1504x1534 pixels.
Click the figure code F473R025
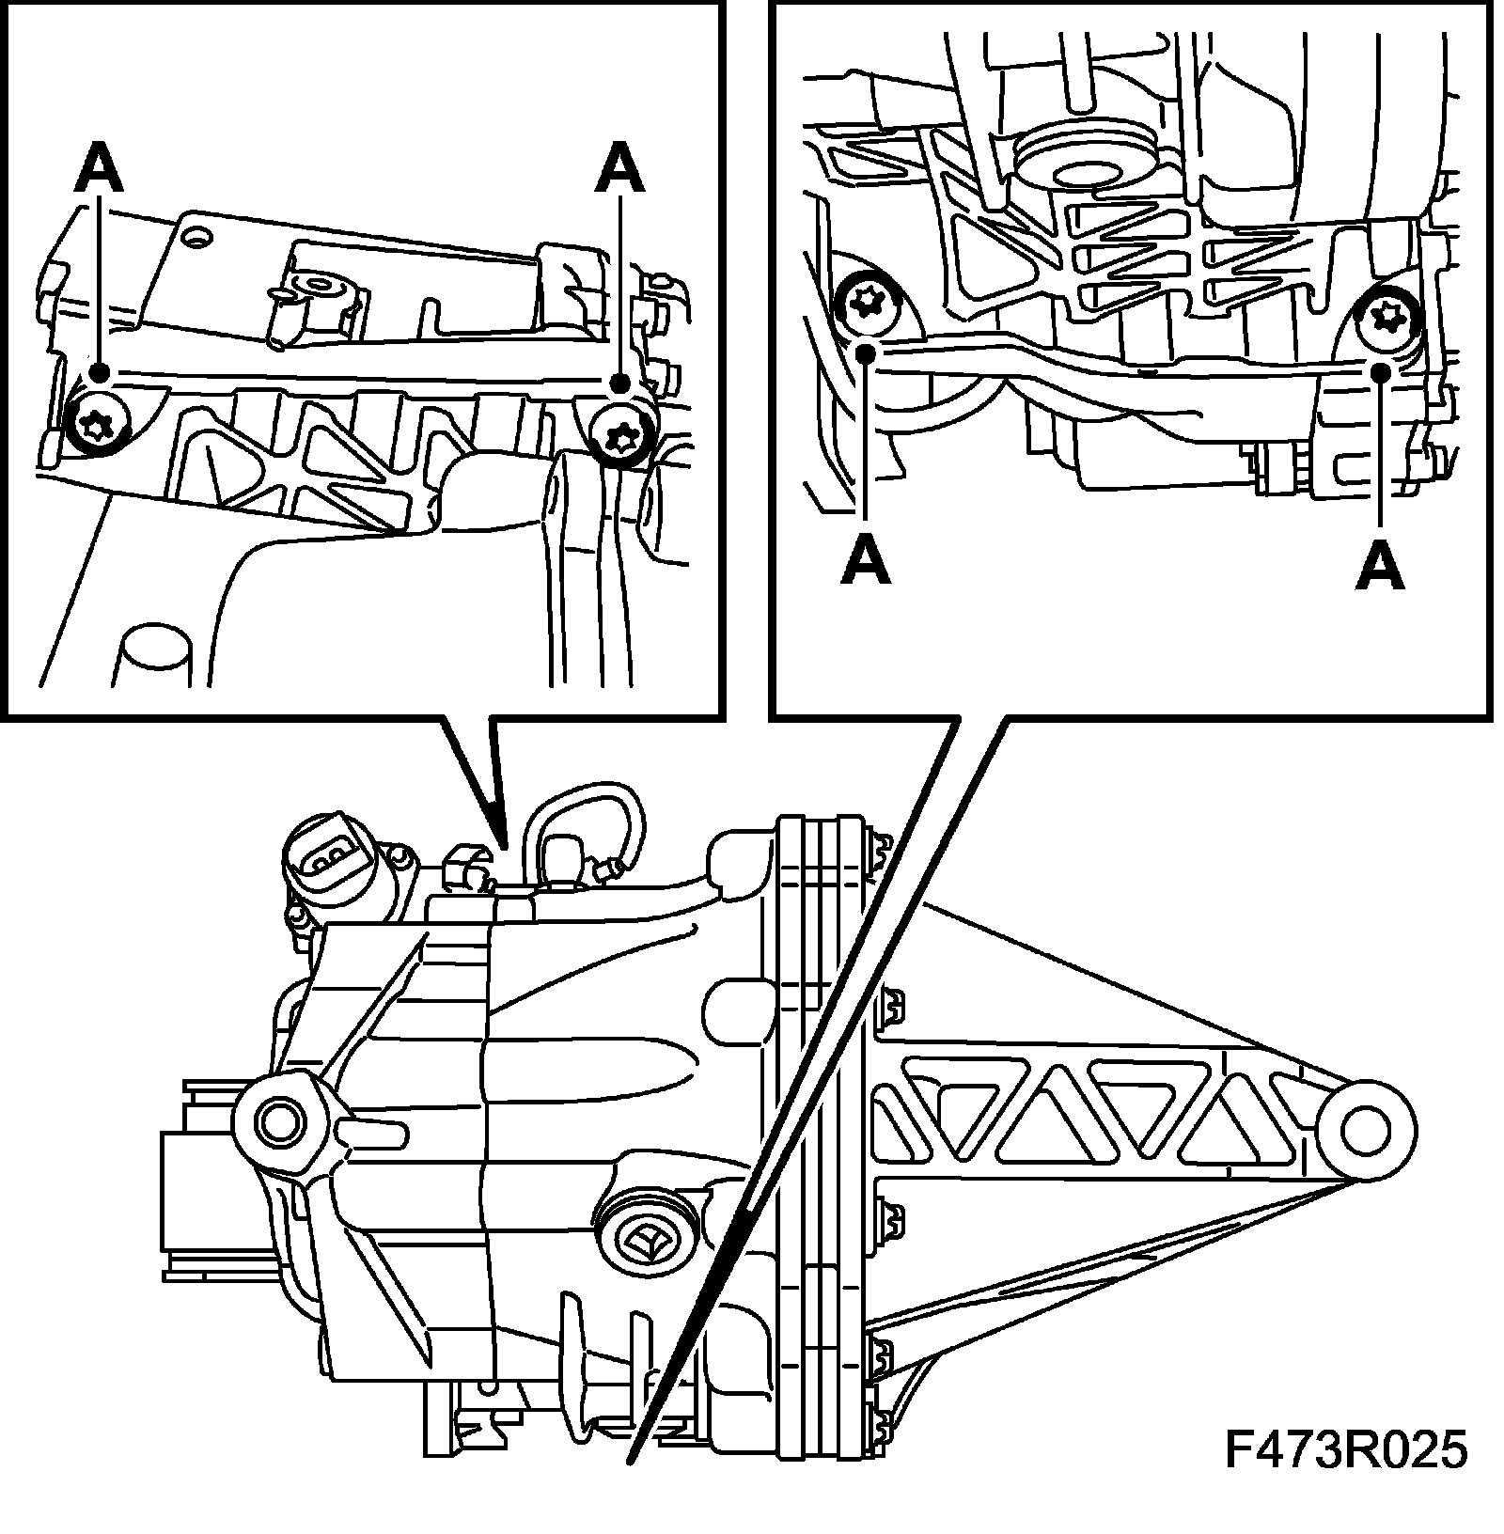tap(1345, 1477)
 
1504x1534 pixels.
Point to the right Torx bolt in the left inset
tap(619, 435)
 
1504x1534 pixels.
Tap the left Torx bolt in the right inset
tap(865, 303)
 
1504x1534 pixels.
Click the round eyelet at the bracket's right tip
tap(1365, 1129)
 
